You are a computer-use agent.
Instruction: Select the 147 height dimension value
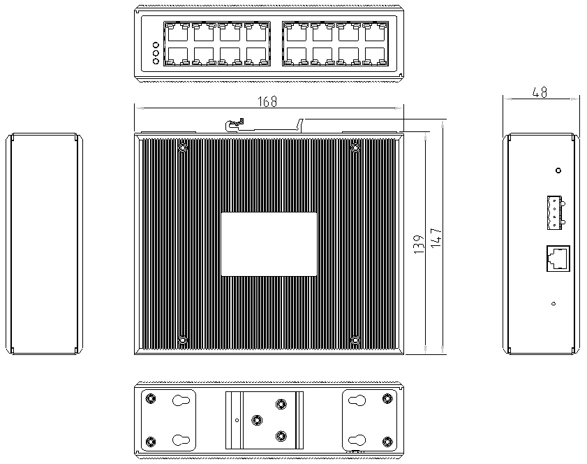click(x=436, y=238)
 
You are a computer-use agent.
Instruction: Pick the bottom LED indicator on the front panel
click(x=156, y=61)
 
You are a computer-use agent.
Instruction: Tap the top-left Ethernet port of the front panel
click(x=176, y=32)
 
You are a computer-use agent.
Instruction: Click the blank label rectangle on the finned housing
click(x=269, y=245)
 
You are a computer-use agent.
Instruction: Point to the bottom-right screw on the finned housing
click(x=355, y=340)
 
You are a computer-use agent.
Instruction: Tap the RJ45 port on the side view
click(x=557, y=258)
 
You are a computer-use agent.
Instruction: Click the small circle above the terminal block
click(x=558, y=171)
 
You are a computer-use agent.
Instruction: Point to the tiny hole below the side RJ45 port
click(x=553, y=303)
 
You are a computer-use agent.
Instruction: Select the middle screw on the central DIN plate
click(x=258, y=420)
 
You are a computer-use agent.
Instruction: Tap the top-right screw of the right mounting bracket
click(x=387, y=398)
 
